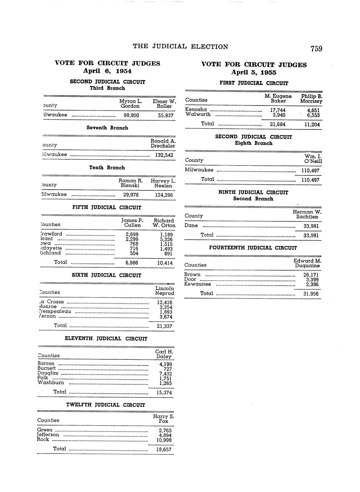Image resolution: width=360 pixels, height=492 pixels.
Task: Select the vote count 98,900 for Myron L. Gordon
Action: coord(131,116)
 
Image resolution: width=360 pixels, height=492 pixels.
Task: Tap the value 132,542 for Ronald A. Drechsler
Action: coord(164,155)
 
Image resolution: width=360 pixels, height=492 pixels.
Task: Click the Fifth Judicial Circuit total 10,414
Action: coord(165,263)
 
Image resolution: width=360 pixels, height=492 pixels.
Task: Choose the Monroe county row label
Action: coord(48,307)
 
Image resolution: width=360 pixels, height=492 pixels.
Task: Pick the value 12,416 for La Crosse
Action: coord(164,302)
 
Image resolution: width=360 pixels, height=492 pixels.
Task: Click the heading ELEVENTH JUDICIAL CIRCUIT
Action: coord(106,338)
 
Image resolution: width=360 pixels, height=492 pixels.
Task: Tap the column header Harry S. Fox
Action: coord(163,419)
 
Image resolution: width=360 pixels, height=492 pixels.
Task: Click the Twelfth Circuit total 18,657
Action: coord(164,450)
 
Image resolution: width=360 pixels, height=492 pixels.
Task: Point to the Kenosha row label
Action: coord(196,109)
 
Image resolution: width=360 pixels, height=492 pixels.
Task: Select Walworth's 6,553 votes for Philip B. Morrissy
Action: coord(313,115)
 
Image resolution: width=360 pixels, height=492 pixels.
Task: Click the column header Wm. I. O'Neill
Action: coord(313,159)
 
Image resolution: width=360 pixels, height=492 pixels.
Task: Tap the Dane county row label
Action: coord(191,225)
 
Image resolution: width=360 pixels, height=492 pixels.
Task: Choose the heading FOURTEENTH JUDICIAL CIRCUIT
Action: coord(253,248)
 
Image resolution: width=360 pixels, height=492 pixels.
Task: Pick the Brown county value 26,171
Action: coord(311,275)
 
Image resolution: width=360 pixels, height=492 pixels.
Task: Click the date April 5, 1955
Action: coord(253,72)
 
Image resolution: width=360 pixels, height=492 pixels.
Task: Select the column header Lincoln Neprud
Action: coord(165,291)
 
